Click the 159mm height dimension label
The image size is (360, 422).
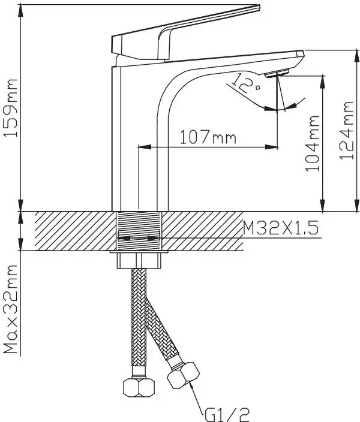pyautogui.click(x=10, y=108)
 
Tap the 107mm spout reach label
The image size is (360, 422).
pyautogui.click(x=208, y=137)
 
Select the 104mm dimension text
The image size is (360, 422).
pyautogui.click(x=313, y=143)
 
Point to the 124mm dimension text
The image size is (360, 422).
pyautogui.click(x=346, y=130)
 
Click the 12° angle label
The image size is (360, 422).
pyautogui.click(x=244, y=83)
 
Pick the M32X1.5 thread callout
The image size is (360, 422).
pyautogui.click(x=281, y=228)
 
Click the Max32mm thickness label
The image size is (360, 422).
pyautogui.click(x=10, y=309)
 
